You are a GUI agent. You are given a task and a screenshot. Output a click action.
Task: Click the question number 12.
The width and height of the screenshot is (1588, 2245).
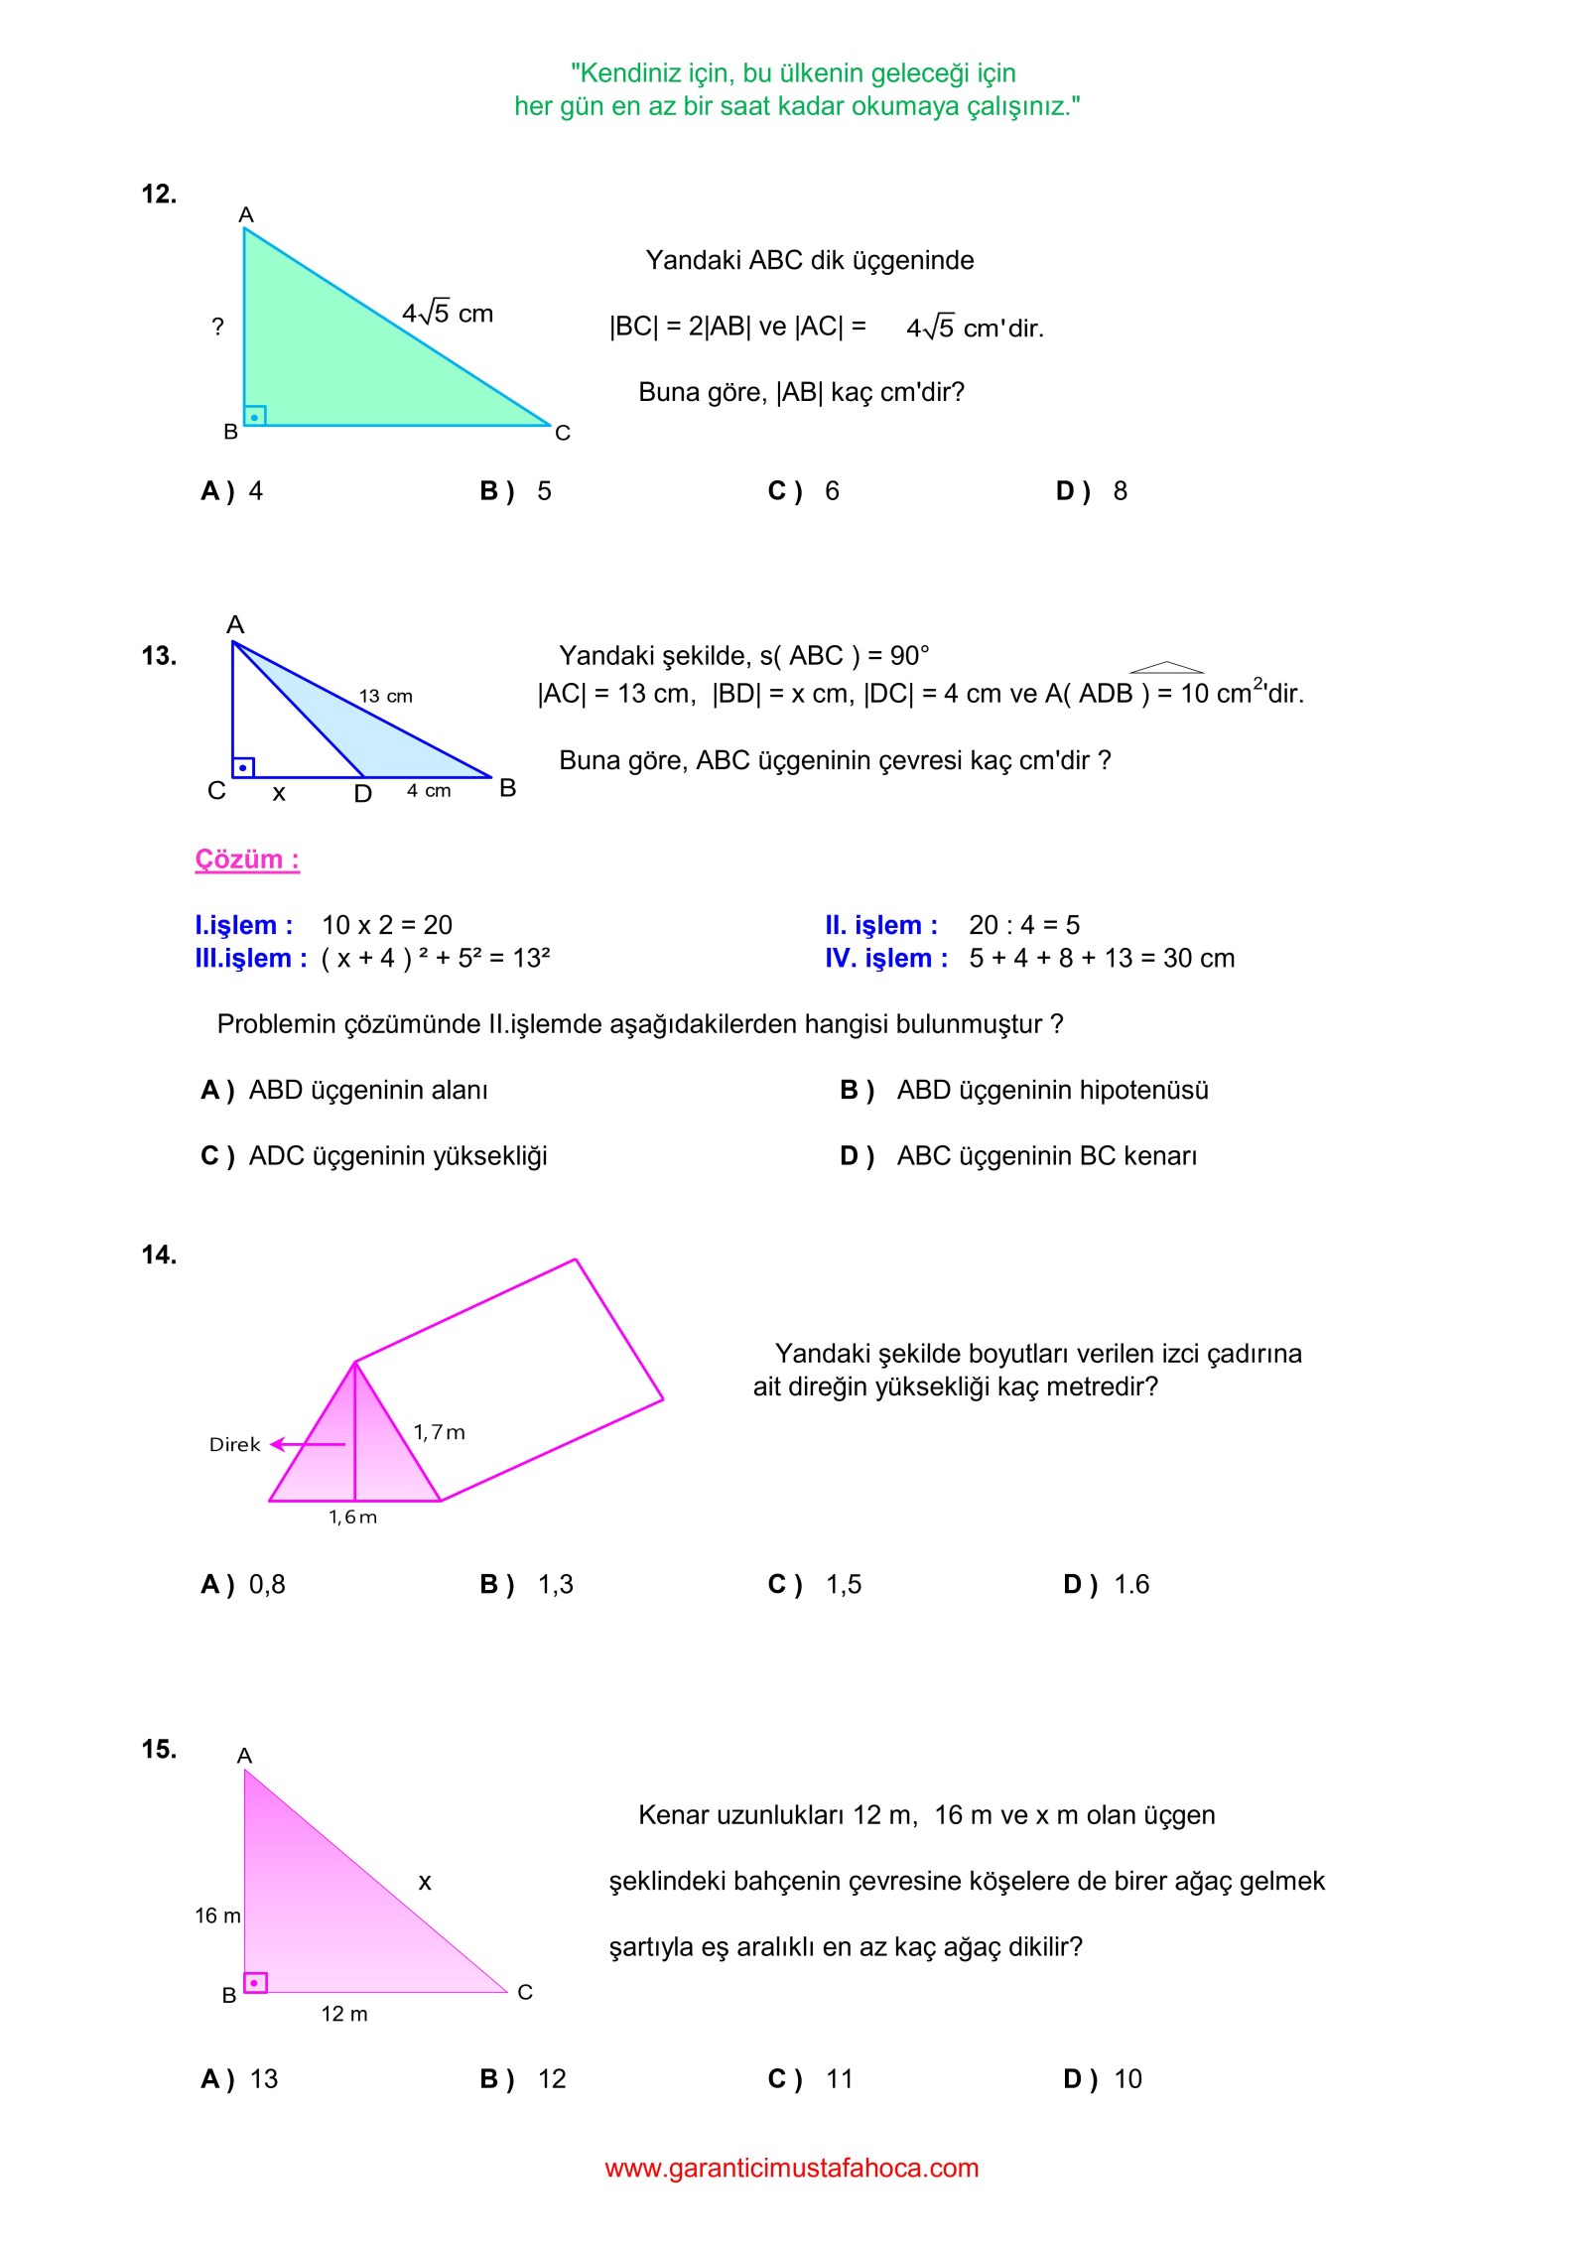coord(159,195)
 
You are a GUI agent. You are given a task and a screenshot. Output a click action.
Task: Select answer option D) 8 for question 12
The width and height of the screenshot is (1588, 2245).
coord(1092,491)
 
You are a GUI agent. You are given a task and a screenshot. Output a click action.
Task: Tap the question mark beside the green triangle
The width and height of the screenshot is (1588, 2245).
coord(218,327)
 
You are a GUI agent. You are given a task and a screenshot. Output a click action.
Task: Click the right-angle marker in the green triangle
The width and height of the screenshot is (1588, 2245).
coord(255,416)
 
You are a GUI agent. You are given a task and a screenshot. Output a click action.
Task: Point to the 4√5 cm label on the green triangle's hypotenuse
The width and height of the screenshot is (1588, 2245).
coord(447,314)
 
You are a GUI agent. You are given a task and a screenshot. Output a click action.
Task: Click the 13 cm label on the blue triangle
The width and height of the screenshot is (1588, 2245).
coord(386,697)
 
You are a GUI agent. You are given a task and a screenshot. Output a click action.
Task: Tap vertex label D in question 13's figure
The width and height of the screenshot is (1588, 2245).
coord(363,794)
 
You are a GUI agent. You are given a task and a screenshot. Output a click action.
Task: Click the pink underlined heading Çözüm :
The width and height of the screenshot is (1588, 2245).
coord(247,859)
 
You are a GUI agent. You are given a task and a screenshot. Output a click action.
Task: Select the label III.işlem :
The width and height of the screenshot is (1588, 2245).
coord(250,959)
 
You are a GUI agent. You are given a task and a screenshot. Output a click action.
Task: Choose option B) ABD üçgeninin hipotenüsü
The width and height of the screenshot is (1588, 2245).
coord(1024,1091)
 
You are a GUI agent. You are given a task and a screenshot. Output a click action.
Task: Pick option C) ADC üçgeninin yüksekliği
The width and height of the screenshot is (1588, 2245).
coord(374,1156)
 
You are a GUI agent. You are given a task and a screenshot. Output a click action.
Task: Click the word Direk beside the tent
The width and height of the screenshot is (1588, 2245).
coord(234,1445)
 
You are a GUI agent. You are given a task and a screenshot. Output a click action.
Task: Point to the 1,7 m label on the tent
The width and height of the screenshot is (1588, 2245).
coord(439,1433)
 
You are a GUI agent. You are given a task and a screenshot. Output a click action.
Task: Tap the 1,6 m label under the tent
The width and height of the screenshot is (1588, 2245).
coord(353,1518)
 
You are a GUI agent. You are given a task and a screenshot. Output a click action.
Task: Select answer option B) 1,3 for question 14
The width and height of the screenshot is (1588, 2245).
coord(527,1585)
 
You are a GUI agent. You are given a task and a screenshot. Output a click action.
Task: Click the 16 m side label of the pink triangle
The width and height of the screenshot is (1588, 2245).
coord(217,1916)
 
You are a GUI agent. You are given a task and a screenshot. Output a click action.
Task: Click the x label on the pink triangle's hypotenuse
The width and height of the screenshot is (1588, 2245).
coord(425,1883)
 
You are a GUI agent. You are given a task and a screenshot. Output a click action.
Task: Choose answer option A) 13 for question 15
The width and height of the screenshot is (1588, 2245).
coord(240,2079)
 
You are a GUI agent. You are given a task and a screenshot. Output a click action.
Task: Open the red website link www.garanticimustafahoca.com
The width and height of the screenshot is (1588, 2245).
coord(792,2168)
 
